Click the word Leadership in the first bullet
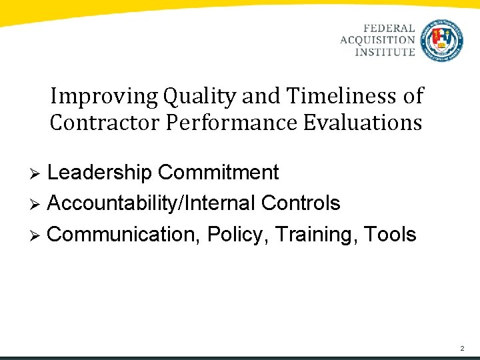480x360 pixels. coord(100,173)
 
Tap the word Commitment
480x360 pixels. coord(218,173)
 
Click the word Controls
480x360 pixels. coord(301,203)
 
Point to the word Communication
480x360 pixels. coord(125,234)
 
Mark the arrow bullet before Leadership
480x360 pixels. coord(38,174)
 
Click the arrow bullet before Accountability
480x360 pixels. coord(38,204)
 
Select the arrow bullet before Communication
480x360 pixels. coord(38,235)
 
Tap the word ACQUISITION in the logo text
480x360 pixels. coord(378,40)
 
